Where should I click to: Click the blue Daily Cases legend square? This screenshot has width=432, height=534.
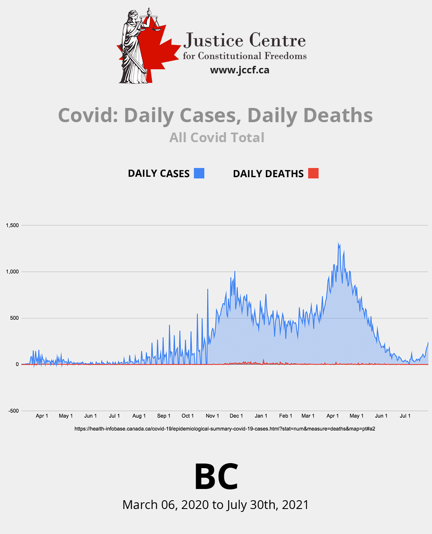[x=199, y=173]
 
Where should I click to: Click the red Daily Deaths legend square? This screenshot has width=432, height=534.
[x=313, y=173]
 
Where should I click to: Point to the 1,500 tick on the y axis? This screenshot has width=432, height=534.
[x=12, y=226]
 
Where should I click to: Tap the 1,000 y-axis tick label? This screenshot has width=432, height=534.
[x=12, y=272]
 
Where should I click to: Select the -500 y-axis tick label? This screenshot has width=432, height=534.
[x=13, y=411]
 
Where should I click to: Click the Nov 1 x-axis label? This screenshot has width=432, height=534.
[x=212, y=416]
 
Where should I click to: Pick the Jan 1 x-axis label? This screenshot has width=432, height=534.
[x=261, y=416]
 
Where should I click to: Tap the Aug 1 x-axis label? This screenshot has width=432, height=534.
[x=139, y=416]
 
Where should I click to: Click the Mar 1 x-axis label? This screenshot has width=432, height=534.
[x=308, y=416]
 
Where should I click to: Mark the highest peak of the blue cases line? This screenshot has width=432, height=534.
[x=338, y=243]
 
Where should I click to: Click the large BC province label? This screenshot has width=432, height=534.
[x=216, y=476]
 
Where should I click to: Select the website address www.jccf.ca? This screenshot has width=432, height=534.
[x=239, y=70]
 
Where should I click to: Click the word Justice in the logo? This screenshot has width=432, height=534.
[x=213, y=41]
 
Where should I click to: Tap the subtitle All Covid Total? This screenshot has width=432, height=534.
[x=216, y=138]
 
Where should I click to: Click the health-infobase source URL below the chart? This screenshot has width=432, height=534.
[x=225, y=429]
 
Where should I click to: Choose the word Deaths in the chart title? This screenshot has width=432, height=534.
[x=338, y=115]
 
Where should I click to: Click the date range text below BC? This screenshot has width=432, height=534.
[x=216, y=505]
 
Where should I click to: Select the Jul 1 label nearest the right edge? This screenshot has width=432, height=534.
[x=405, y=416]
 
